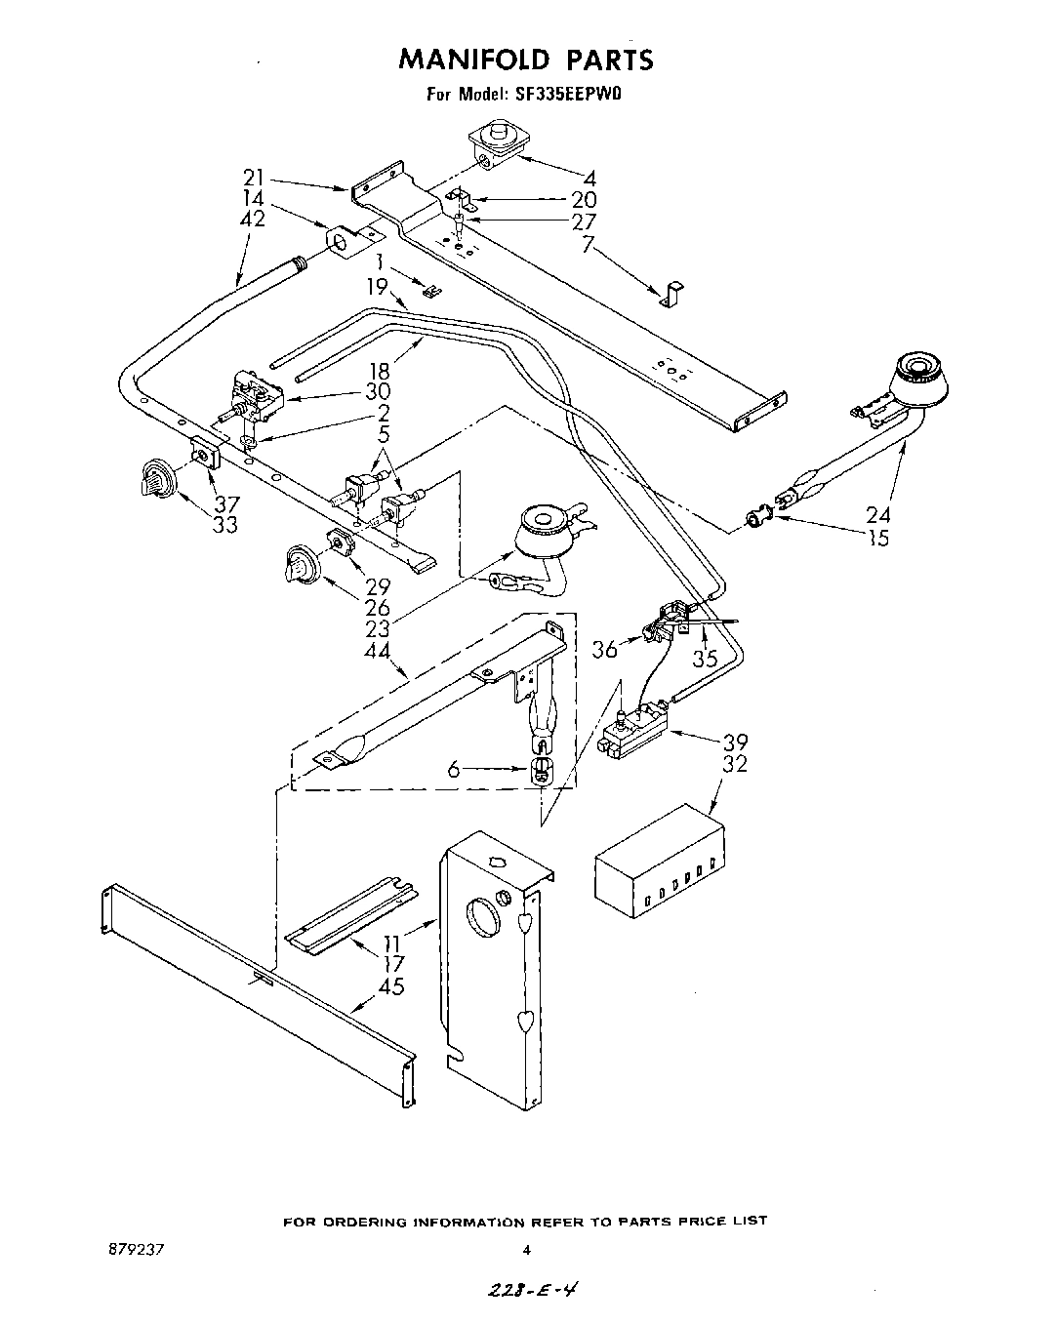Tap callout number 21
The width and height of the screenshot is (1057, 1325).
(x=254, y=178)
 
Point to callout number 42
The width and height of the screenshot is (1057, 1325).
(x=253, y=221)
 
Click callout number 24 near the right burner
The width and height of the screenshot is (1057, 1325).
(x=878, y=515)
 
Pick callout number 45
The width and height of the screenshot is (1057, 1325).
(x=392, y=987)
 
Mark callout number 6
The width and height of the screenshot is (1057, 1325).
(x=455, y=770)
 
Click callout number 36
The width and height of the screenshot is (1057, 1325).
(x=605, y=650)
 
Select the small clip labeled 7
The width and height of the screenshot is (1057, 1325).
(x=671, y=294)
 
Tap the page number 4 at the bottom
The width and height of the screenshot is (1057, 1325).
(x=526, y=1249)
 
